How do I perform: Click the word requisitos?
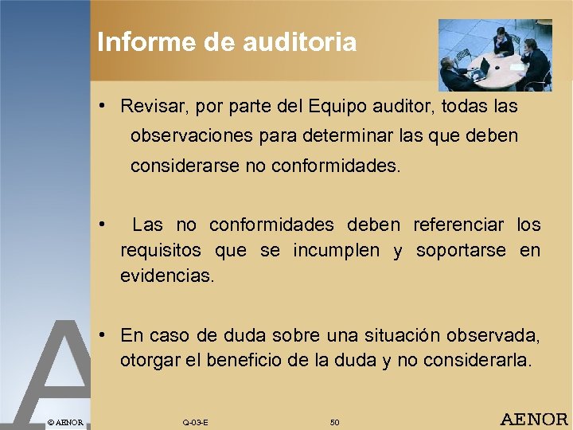click(x=161, y=251)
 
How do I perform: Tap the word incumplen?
click(x=336, y=251)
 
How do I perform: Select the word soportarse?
click(x=459, y=251)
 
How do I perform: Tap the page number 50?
click(x=334, y=422)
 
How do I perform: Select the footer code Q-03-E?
click(x=195, y=422)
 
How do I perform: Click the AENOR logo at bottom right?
click(x=533, y=420)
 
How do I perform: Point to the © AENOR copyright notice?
click(x=65, y=421)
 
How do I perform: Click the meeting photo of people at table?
click(x=494, y=55)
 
